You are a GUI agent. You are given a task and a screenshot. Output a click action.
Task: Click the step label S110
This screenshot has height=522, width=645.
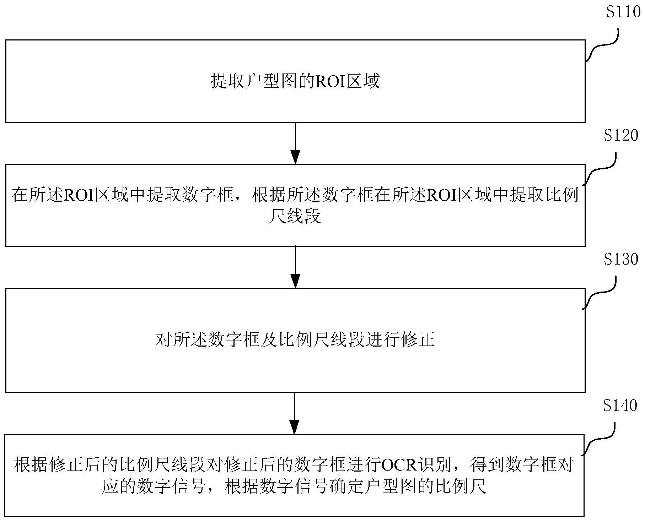tap(623, 12)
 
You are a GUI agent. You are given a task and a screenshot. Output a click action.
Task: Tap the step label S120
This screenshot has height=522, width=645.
tap(621, 135)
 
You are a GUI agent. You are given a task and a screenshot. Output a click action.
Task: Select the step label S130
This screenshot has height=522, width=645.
tap(621, 260)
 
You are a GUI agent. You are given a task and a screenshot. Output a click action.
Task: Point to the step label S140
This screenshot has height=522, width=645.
tap(620, 406)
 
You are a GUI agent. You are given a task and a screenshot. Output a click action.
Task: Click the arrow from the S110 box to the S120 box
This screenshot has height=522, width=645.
tap(295, 143)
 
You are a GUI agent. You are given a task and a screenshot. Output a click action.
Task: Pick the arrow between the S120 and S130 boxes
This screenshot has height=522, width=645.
tap(295, 267)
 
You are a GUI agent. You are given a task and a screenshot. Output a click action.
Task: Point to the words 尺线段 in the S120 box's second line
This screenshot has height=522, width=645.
tap(295, 216)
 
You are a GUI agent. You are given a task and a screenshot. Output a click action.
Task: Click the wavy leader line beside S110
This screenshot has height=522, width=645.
tap(602, 47)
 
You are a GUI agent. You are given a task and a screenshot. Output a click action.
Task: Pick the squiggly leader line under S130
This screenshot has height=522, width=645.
tap(600, 293)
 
